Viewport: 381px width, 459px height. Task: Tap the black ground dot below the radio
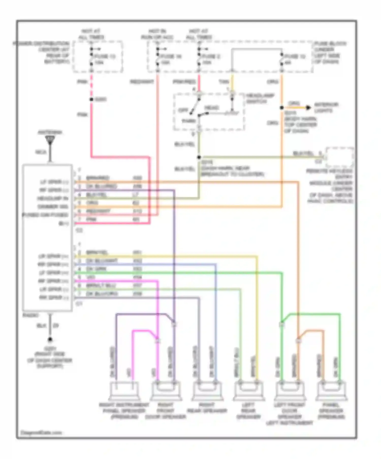click(50, 339)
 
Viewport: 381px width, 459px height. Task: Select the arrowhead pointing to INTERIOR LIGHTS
click(308, 108)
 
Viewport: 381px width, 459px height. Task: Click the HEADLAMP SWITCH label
click(260, 98)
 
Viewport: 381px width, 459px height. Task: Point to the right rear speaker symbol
click(207, 391)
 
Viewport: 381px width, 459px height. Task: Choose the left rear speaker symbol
click(249, 391)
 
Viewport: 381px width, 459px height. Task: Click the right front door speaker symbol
click(166, 391)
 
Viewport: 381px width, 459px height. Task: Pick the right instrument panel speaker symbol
click(124, 391)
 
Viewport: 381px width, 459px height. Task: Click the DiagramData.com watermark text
click(41, 433)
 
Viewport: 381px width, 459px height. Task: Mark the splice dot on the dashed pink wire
click(91, 99)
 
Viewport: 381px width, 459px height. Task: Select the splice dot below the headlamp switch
click(199, 157)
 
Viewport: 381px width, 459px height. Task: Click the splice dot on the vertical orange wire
click(282, 108)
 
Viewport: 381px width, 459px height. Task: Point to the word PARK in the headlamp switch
click(188, 121)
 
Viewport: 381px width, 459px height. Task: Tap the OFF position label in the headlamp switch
click(183, 110)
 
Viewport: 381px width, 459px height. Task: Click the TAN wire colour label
click(224, 82)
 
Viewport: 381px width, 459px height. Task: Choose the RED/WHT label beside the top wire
click(142, 82)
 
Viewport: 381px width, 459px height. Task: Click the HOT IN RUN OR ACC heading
click(157, 34)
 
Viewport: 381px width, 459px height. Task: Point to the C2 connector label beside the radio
click(80, 230)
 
